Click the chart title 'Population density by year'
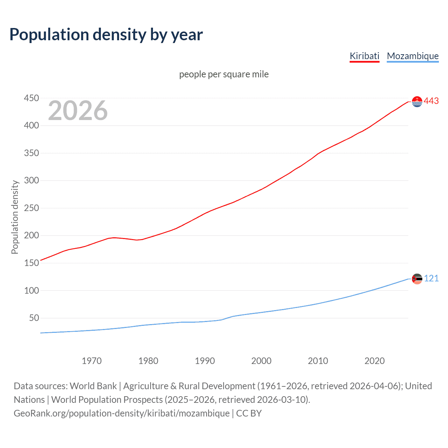coord(106,35)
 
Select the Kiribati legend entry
coord(364,56)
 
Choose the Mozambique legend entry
coord(413,56)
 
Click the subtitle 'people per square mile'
coord(224,74)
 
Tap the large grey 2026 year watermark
coord(78,111)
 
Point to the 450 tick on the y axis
coord(31,98)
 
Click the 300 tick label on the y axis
coord(31,181)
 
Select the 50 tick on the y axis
coord(34,318)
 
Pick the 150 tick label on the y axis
coord(31,263)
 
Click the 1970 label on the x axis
coord(91,361)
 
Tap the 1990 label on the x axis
coord(205,361)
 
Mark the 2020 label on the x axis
coord(374,361)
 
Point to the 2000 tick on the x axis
coord(261,361)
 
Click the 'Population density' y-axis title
coord(15,217)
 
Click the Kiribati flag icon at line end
coord(417,101)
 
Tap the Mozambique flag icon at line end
coord(417,279)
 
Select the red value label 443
coord(431,101)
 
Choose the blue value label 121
coord(431,279)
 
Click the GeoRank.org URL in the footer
coord(121,413)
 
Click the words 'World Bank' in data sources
coord(93,386)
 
